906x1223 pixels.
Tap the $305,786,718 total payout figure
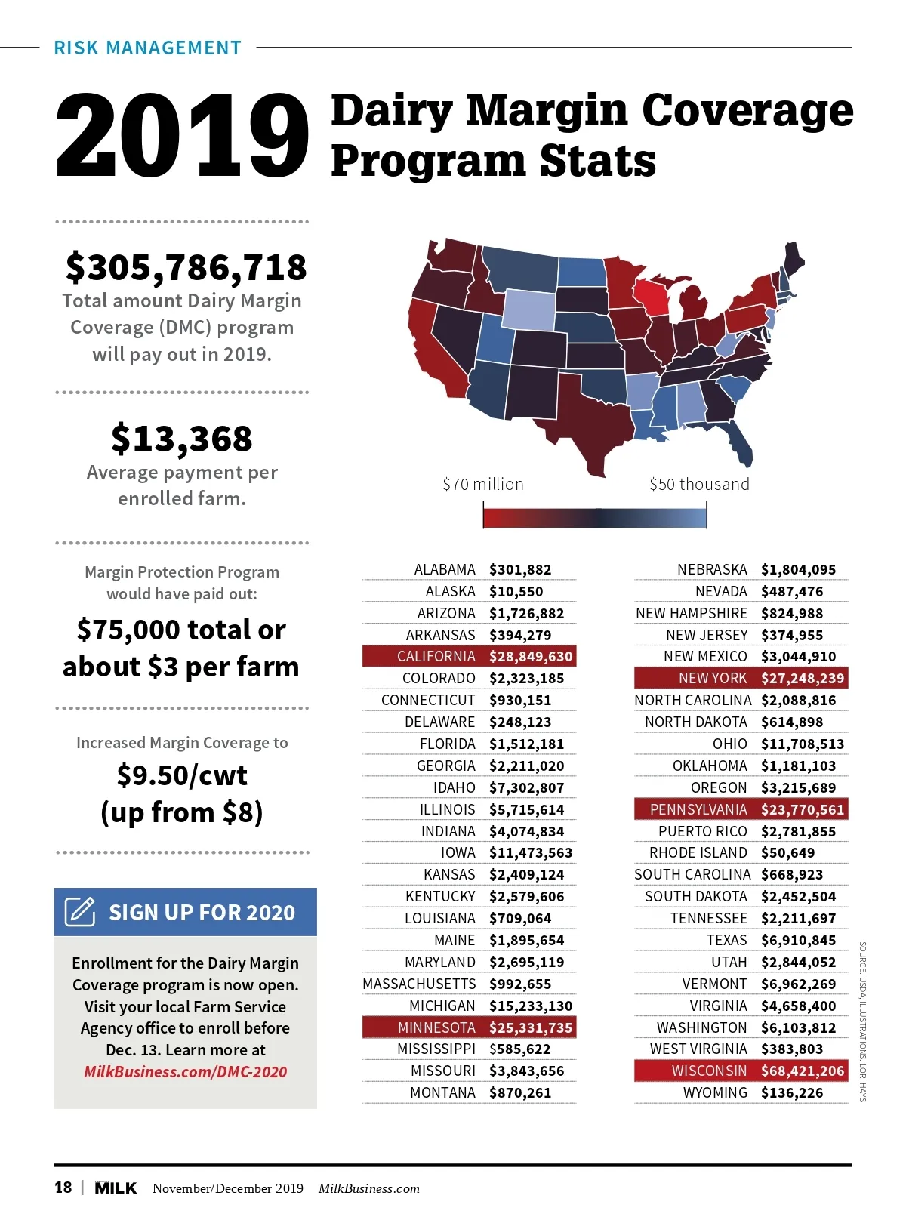pyautogui.click(x=186, y=267)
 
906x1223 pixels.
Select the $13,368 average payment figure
pyautogui.click(x=181, y=439)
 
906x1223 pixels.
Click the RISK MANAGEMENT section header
pyautogui.click(x=148, y=48)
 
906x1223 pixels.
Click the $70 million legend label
pyautogui.click(x=483, y=485)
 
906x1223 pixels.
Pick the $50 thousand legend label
pyautogui.click(x=699, y=485)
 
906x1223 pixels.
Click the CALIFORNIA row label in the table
pyautogui.click(x=436, y=657)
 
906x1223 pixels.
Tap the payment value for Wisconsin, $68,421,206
pyautogui.click(x=803, y=1071)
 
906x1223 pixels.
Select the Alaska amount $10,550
pyautogui.click(x=516, y=592)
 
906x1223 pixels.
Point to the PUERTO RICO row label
pyautogui.click(x=702, y=831)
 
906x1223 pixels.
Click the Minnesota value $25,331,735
pyautogui.click(x=531, y=1027)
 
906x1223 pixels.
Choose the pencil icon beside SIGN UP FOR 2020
pyautogui.click(x=80, y=912)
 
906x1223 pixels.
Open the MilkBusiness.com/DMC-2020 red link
pyautogui.click(x=186, y=1072)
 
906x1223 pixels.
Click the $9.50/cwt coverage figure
pyautogui.click(x=182, y=775)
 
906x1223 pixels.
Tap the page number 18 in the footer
pyautogui.click(x=63, y=1188)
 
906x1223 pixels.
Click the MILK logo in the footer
pyautogui.click(x=116, y=1188)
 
